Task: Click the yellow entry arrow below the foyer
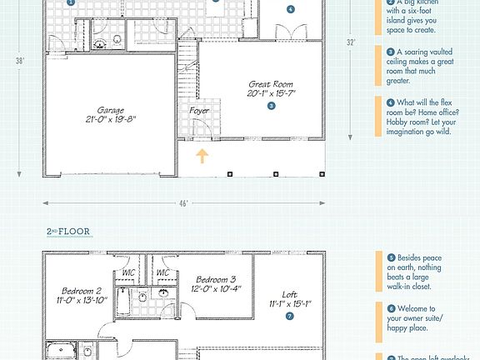[200, 156]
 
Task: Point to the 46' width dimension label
[183, 202]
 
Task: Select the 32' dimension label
[352, 41]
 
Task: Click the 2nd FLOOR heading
[68, 231]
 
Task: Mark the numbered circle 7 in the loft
[289, 317]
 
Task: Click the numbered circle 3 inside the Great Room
[271, 106]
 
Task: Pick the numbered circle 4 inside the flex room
[290, 9]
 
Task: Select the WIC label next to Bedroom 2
[128, 272]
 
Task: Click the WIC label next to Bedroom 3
[162, 272]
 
